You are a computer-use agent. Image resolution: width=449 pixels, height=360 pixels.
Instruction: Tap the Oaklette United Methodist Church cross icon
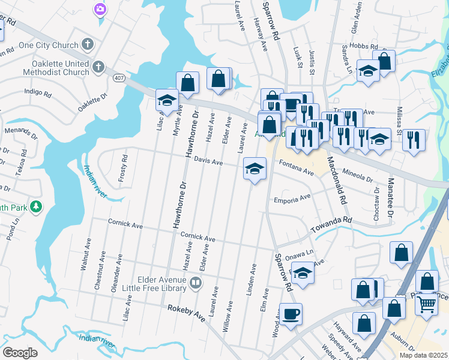99,67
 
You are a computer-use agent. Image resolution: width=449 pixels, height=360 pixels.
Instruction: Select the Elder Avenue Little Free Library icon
195,283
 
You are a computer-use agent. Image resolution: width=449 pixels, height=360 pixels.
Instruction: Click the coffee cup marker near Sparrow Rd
291,314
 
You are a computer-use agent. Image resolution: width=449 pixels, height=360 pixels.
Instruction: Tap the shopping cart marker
426,304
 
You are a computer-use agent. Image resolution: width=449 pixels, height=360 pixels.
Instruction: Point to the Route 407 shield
119,77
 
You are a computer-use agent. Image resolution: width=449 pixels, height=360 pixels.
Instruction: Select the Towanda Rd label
330,225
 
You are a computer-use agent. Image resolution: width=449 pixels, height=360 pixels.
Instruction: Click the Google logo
20,353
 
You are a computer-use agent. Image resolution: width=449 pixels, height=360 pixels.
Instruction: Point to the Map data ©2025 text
423,355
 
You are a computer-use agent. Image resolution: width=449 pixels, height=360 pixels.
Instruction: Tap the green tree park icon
37,206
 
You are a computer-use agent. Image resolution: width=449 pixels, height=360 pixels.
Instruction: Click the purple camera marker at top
100,9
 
